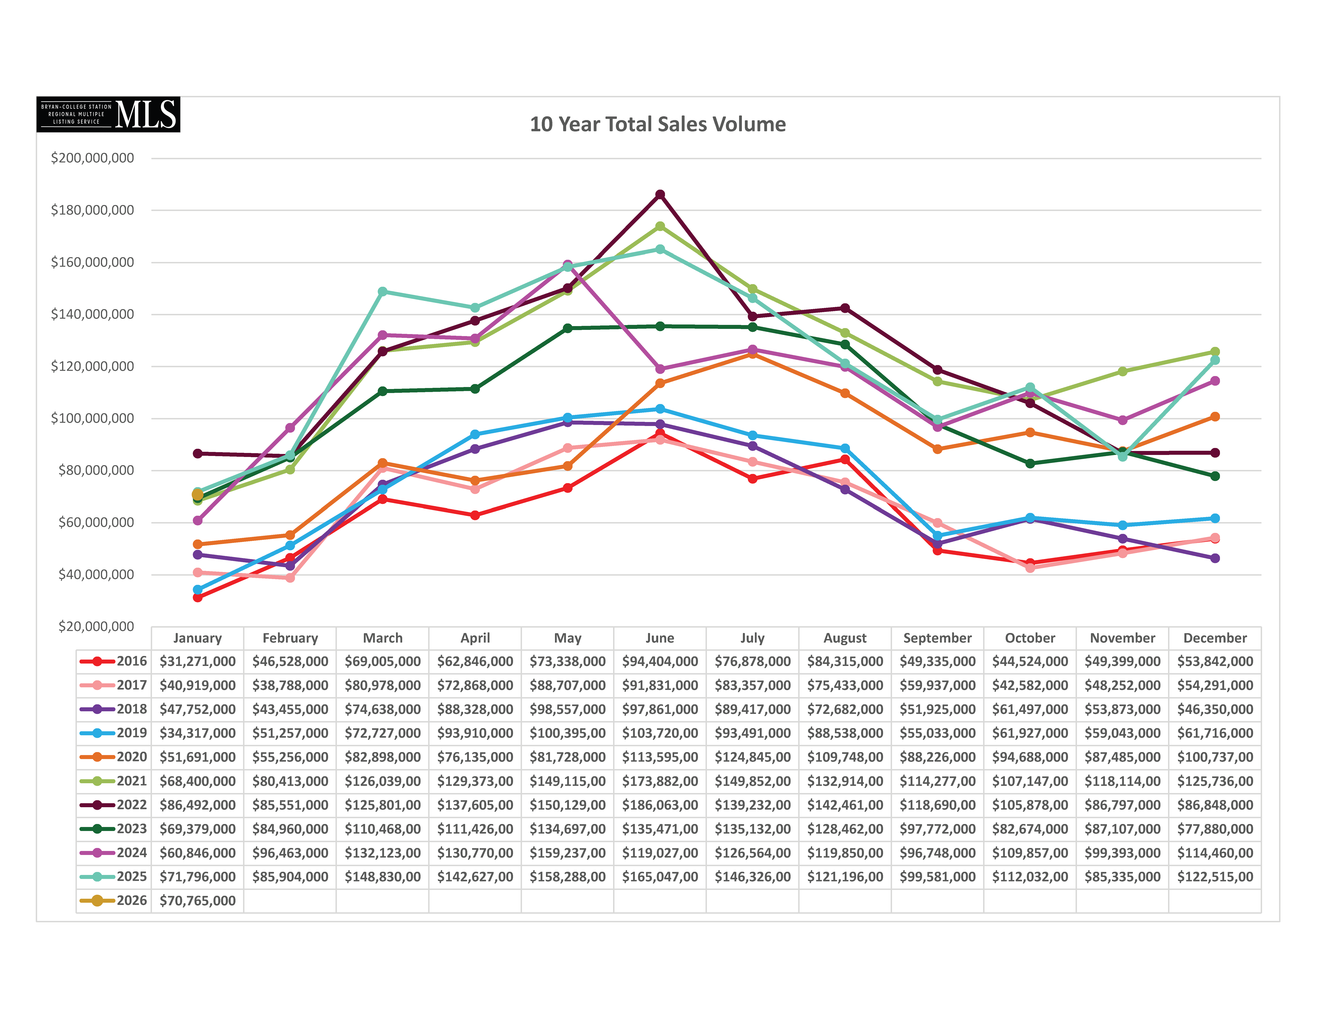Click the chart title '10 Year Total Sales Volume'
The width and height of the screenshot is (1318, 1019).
coord(658,124)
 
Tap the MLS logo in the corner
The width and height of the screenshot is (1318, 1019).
coord(109,114)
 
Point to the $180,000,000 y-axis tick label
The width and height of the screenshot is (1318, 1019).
coord(92,210)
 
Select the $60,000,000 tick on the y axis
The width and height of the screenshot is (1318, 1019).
coord(96,522)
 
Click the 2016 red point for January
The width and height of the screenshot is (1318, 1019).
coord(197,597)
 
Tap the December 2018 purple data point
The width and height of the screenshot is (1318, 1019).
coord(1215,558)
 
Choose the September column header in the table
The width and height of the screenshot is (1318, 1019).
coord(937,638)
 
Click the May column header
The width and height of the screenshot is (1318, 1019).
coord(567,638)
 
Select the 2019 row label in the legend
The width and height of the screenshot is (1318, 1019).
coord(113,733)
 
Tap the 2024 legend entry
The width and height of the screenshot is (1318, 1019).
coord(113,853)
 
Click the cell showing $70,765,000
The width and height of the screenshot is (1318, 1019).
coord(197,901)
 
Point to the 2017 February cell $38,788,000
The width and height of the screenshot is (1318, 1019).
coord(290,685)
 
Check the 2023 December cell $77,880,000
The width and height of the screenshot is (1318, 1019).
coord(1215,829)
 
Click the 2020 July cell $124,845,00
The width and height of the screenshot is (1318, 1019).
coord(752,757)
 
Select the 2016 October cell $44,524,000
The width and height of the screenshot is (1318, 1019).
coord(1029,661)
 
